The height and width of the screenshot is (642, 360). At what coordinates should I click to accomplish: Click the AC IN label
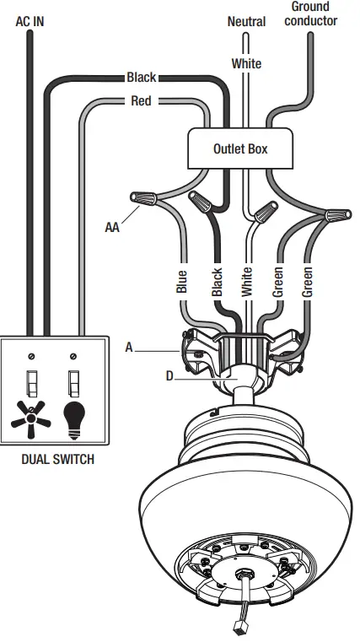(30, 20)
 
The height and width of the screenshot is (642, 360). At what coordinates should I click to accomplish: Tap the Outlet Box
(240, 149)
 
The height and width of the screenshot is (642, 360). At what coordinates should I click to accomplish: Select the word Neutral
(246, 21)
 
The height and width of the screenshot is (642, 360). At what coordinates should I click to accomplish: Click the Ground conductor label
(310, 13)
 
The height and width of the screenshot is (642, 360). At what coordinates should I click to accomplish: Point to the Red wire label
(142, 101)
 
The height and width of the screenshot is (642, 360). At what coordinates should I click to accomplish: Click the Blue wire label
(181, 281)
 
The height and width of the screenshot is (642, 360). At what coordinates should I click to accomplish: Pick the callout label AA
(112, 227)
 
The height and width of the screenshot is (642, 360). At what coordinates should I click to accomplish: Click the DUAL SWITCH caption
(56, 460)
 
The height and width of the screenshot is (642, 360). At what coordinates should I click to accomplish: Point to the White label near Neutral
(246, 63)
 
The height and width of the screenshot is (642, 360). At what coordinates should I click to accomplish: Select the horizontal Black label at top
(142, 78)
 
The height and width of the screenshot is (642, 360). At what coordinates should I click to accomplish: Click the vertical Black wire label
(217, 281)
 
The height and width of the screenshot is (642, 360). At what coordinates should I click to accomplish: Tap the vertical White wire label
(247, 281)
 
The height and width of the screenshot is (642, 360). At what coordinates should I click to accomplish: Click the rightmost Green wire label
(308, 281)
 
